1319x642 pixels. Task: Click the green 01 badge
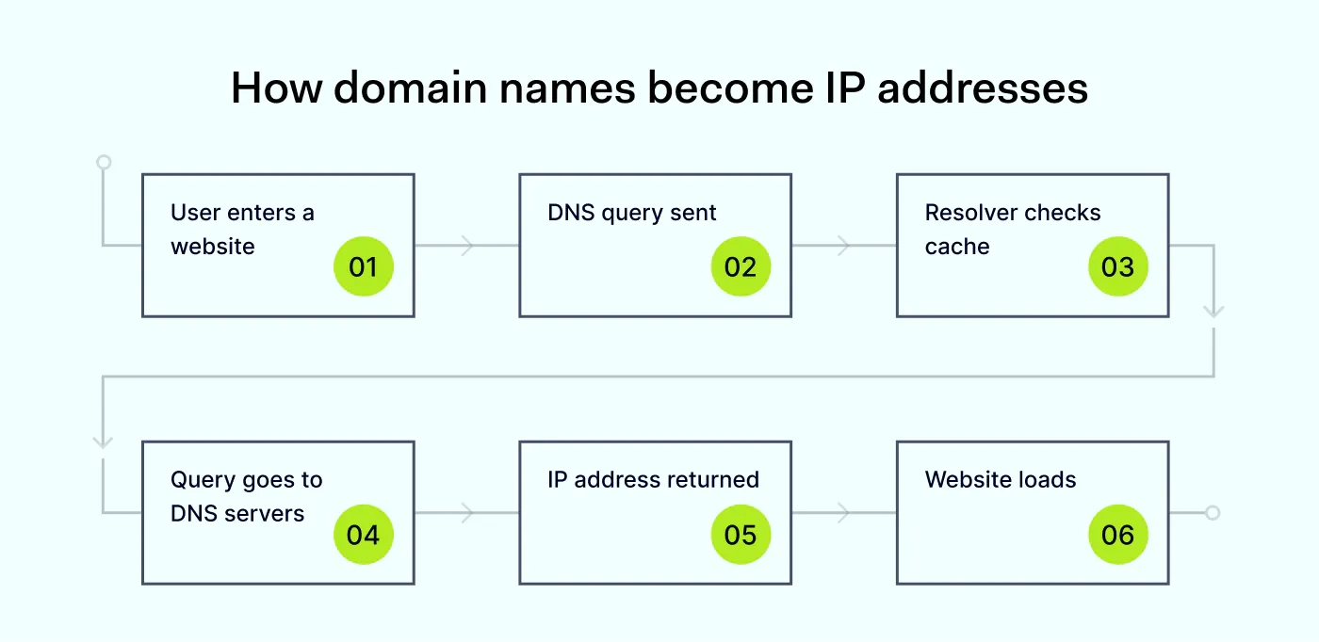click(363, 267)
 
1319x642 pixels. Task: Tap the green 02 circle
click(741, 267)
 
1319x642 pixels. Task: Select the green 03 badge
click(1117, 267)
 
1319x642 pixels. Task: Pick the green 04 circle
click(363, 535)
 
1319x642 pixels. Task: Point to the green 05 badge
click(741, 535)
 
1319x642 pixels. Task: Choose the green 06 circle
click(1117, 535)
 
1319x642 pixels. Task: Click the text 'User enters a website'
click(242, 230)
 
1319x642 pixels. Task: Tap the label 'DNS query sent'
click(631, 213)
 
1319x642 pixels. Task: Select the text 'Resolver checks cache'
click(1012, 230)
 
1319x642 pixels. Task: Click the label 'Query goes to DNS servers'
click(246, 497)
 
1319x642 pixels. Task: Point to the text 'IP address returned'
click(653, 480)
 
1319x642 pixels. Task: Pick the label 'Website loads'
click(1000, 480)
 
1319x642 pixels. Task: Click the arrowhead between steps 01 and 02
click(467, 246)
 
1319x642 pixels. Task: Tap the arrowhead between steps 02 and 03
click(844, 246)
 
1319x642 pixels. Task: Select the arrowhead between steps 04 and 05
click(467, 513)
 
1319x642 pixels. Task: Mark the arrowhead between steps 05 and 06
click(844, 513)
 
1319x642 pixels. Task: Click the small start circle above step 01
click(104, 162)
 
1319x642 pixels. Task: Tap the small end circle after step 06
click(1213, 513)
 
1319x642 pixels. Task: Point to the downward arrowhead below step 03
click(1213, 311)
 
